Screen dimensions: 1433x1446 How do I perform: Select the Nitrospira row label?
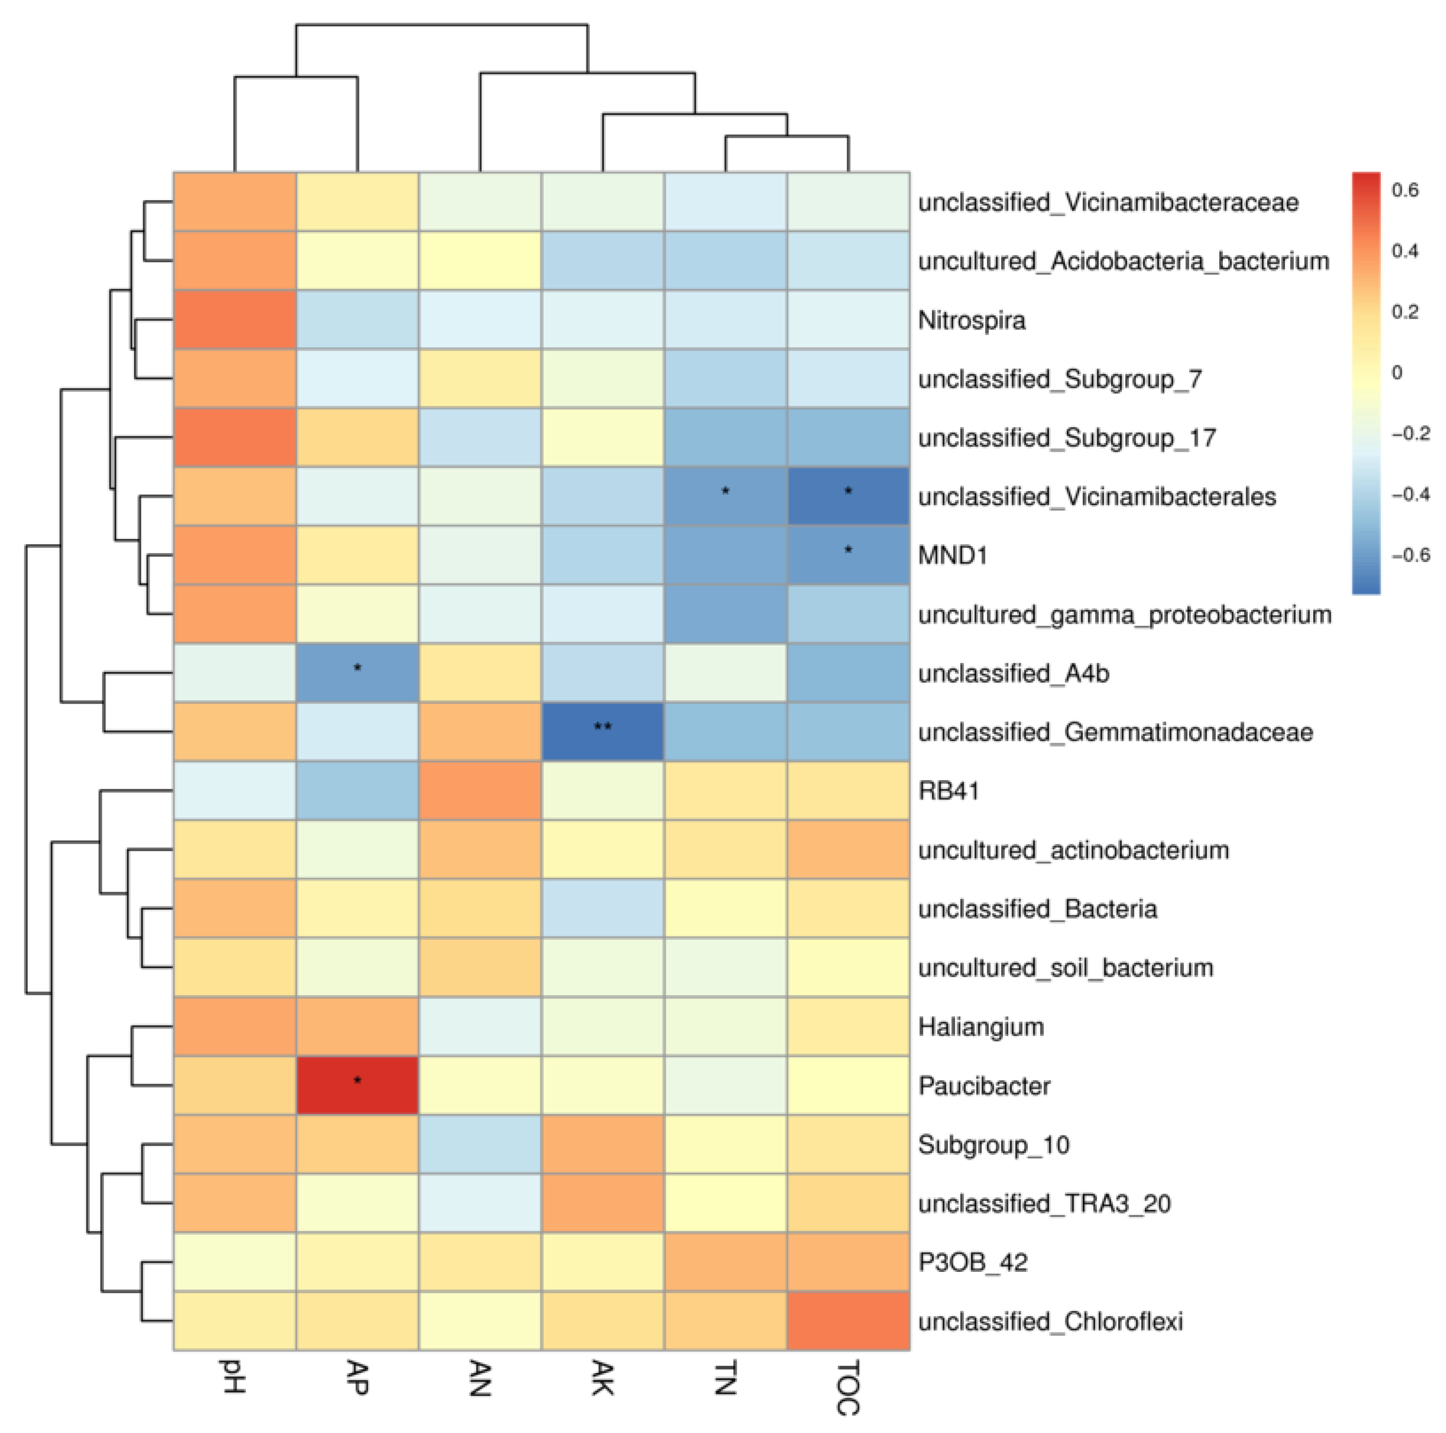971,321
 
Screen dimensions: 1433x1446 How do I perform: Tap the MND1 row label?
953,555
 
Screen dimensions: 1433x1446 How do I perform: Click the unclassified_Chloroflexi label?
1050,1322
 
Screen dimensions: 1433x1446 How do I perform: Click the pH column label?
233,1376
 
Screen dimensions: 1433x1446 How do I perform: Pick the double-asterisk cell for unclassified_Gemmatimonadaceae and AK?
602,731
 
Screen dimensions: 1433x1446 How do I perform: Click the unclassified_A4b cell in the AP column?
357,673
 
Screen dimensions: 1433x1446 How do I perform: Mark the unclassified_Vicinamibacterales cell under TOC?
848,496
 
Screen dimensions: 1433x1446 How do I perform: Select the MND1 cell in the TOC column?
848,555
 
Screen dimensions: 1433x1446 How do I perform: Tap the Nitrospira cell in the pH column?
234,320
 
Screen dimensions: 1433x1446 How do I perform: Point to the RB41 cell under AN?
480,790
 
